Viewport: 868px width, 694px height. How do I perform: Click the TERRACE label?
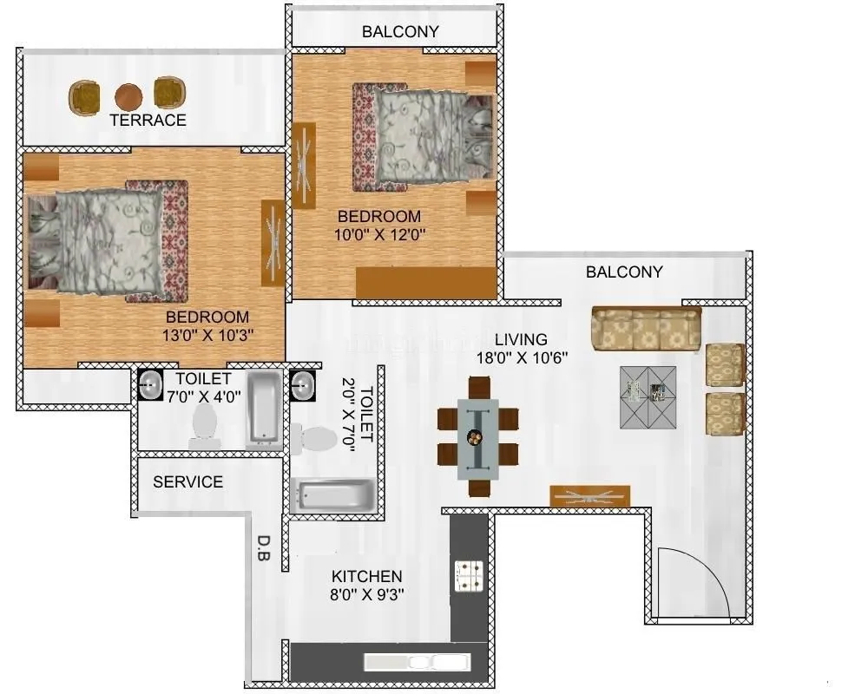[x=148, y=121]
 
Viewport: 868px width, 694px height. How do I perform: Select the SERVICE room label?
[x=187, y=481]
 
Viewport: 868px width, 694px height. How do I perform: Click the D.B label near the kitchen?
[x=263, y=553]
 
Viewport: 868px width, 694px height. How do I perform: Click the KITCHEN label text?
[x=367, y=576]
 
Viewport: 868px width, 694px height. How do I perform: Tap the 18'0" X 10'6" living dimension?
[x=521, y=357]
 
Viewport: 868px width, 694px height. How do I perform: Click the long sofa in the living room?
[x=646, y=329]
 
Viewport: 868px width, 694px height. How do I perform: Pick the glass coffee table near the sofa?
[x=648, y=396]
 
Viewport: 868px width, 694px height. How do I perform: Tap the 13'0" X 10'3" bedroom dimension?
[x=207, y=334]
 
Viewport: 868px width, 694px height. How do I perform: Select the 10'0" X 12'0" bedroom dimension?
[x=379, y=233]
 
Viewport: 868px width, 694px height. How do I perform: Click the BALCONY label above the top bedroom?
[x=401, y=32]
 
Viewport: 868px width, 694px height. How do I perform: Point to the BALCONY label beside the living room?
[x=624, y=272]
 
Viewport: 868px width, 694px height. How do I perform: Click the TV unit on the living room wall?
[x=590, y=496]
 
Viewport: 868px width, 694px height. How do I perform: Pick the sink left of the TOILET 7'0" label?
[x=151, y=383]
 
